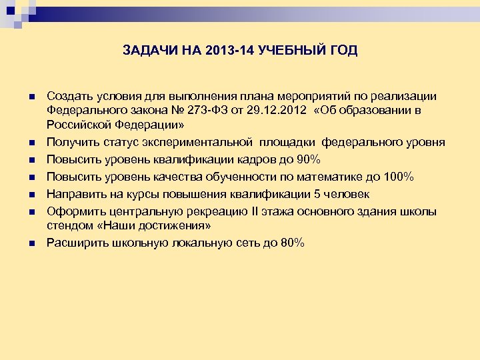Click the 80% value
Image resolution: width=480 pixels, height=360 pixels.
293,243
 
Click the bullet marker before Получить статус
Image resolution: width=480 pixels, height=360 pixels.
31,143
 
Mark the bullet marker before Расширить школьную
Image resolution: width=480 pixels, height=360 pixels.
31,244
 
